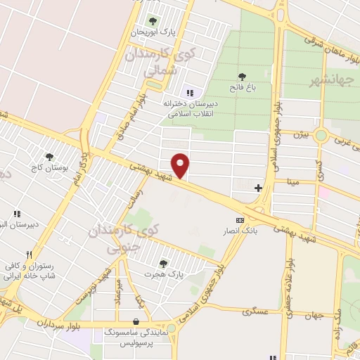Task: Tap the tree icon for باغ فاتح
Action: point(242,77)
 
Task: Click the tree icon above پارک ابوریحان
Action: point(153,20)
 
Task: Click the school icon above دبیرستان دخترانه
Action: point(188,92)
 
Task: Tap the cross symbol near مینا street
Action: point(259,188)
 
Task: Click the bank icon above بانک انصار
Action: point(240,220)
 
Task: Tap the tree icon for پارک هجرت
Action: point(163,263)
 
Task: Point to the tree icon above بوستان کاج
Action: point(49,157)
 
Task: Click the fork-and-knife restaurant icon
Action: point(29,255)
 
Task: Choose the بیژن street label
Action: point(301,134)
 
